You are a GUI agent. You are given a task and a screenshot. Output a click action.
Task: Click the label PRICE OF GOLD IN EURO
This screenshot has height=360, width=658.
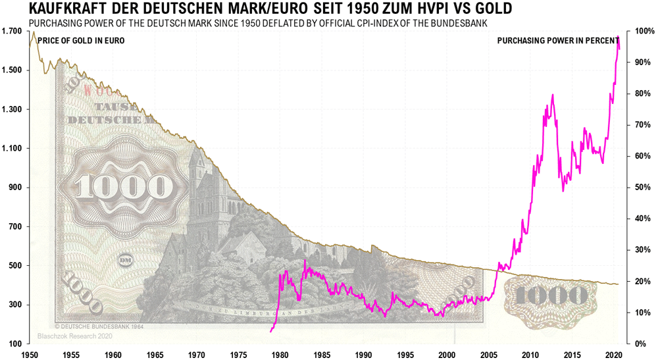[81, 41]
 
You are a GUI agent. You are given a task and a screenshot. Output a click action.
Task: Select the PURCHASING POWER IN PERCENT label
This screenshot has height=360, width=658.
[558, 41]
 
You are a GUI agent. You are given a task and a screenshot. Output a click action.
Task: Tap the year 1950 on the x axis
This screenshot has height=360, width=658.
[29, 354]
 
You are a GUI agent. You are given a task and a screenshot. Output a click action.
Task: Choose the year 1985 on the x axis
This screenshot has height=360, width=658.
[322, 354]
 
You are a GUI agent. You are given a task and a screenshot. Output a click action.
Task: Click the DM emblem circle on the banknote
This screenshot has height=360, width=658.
[126, 262]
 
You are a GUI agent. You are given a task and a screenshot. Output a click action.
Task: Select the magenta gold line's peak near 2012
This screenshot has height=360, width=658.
[552, 95]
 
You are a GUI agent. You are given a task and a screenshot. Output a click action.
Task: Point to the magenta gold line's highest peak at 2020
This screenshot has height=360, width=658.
[618, 37]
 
